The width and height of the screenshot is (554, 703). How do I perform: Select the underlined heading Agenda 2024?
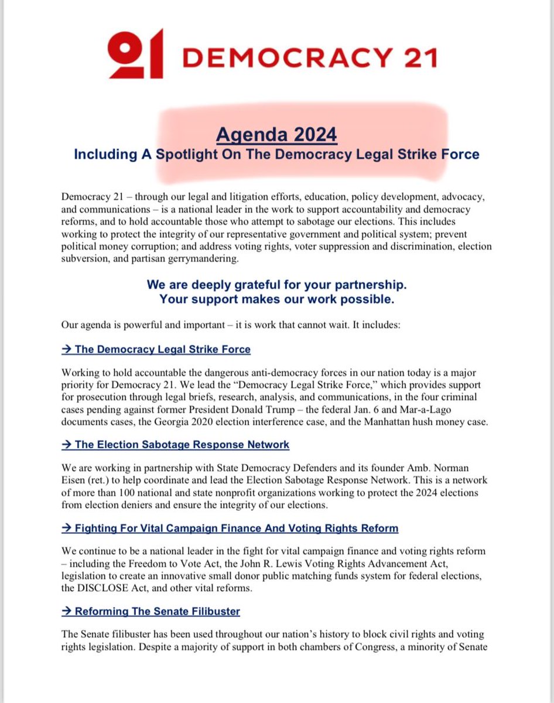(276, 135)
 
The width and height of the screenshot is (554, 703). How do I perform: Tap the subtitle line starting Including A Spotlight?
(276, 155)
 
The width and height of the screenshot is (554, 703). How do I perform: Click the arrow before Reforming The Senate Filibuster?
(67, 612)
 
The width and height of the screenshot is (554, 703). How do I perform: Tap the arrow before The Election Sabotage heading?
(67, 445)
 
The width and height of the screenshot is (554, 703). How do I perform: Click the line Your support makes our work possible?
(276, 299)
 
